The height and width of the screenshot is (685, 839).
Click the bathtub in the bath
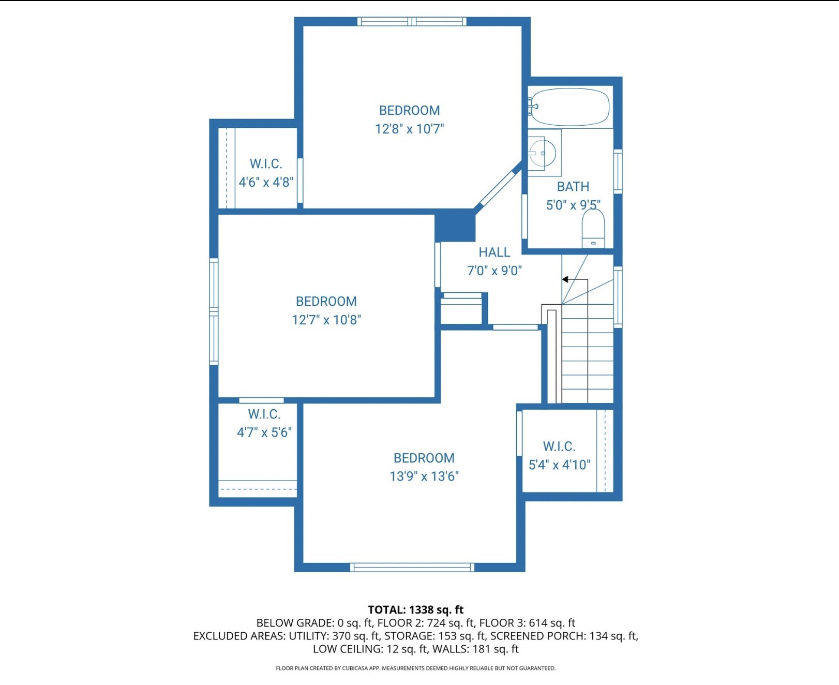(570, 107)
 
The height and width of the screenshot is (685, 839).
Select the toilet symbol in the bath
(593, 229)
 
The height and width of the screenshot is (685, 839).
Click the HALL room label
(494, 252)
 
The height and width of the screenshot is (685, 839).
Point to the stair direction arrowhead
(565, 279)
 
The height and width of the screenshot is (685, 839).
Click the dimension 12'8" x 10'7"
(409, 129)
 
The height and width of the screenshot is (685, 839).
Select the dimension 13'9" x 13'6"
(424, 476)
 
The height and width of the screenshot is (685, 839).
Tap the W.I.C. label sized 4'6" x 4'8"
(266, 164)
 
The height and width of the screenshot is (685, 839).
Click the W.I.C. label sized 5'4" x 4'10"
(559, 446)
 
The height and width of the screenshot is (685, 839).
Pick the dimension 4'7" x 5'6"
(264, 433)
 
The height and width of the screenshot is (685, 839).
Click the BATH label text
(573, 187)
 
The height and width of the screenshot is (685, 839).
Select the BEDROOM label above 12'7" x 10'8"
(326, 302)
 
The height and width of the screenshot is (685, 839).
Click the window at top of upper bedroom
(412, 21)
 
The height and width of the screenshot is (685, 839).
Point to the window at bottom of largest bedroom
(412, 568)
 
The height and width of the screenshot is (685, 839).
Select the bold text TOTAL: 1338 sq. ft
(415, 609)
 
